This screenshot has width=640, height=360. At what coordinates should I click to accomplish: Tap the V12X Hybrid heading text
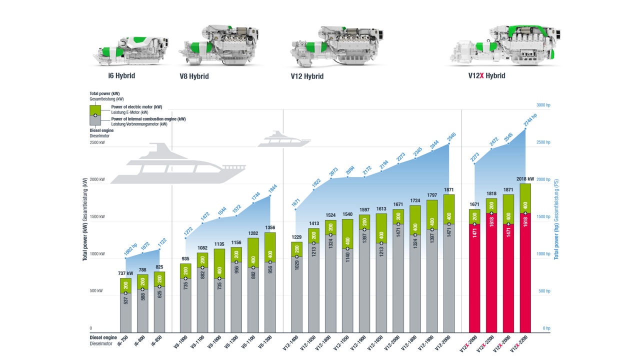[x=486, y=76]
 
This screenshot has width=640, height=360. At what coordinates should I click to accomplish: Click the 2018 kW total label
[x=524, y=178]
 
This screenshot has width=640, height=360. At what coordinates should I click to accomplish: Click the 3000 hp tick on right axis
[x=543, y=105]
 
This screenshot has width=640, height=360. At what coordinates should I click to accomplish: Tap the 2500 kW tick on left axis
[x=97, y=142]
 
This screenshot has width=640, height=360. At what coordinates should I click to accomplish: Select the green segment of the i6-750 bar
[x=125, y=285]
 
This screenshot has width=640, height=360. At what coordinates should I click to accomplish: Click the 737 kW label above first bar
[x=125, y=273]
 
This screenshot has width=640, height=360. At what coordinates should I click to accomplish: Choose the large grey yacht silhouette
[x=178, y=164]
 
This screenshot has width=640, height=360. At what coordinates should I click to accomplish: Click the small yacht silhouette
[x=283, y=139]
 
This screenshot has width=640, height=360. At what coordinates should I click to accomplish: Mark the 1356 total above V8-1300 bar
[x=270, y=227]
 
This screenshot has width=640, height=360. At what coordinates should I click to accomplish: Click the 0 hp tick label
[x=546, y=328]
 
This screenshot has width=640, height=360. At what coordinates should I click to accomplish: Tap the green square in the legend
[x=95, y=110]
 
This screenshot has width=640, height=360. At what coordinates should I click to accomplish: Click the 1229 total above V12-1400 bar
[x=297, y=237]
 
